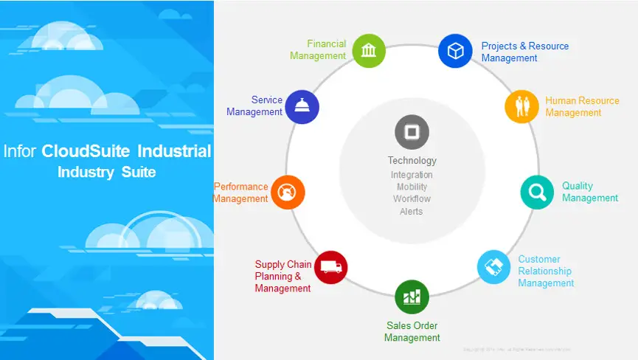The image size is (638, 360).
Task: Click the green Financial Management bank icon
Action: tap(369, 50)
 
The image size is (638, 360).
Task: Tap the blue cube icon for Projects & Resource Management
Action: tap(455, 51)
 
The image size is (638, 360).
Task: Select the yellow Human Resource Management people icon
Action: tap(522, 106)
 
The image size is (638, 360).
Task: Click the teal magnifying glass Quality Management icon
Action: tap(537, 192)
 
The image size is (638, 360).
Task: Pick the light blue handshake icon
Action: tap(493, 267)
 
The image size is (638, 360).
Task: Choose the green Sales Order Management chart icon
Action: tap(412, 297)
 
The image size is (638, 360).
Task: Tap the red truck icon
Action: tap(331, 267)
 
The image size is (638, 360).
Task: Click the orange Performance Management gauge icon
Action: tap(288, 192)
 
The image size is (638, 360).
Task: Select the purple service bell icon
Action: tap(302, 106)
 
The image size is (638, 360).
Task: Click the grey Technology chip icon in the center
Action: tap(412, 134)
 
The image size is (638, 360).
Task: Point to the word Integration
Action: tap(412, 175)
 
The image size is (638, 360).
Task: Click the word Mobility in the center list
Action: tap(412, 187)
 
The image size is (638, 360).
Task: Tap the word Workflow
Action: tap(412, 198)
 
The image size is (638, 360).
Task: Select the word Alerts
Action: tap(412, 211)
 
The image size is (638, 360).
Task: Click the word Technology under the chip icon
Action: tap(412, 160)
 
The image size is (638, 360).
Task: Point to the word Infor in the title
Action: tap(20, 151)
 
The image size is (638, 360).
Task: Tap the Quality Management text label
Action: tap(589, 192)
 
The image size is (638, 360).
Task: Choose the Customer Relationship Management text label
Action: tap(546, 271)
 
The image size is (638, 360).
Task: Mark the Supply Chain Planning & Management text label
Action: tap(282, 276)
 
